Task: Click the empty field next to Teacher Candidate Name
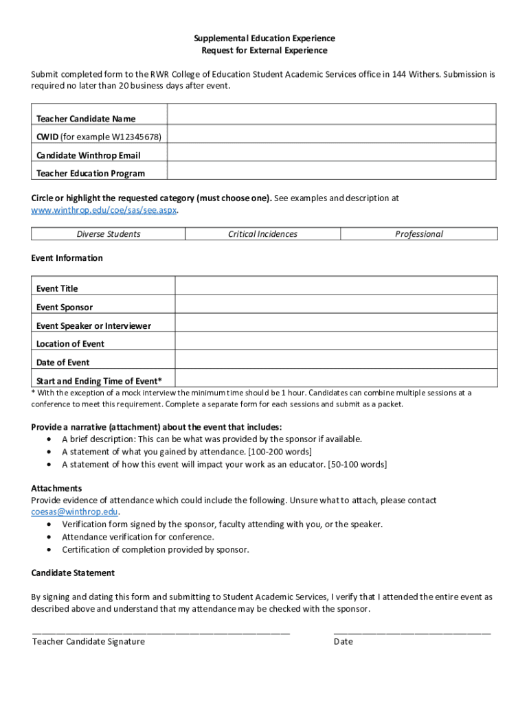point(332,114)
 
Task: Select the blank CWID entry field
point(332,134)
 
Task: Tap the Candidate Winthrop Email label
point(88,155)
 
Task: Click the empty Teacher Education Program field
point(332,170)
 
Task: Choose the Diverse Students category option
point(109,234)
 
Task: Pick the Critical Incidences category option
point(262,234)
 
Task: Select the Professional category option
point(419,234)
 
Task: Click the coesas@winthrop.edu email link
point(75,512)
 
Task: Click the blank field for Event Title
point(336,286)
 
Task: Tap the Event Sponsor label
point(65,308)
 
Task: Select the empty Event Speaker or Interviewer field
point(336,323)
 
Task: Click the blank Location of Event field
point(336,341)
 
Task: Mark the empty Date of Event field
point(336,359)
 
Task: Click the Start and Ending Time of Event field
point(336,378)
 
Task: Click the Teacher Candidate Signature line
point(161,630)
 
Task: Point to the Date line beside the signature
point(412,630)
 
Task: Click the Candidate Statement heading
point(73,573)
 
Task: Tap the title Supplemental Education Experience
point(264,38)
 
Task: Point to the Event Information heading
point(67,258)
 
